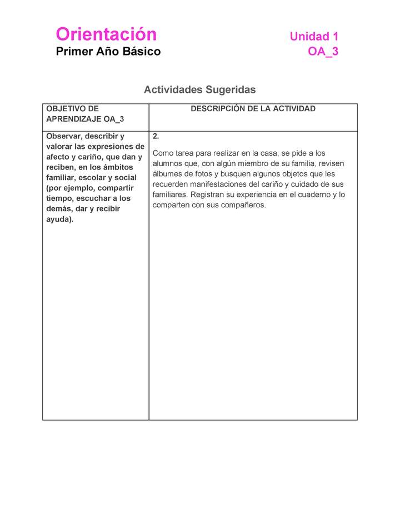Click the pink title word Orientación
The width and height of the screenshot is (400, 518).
tap(106, 34)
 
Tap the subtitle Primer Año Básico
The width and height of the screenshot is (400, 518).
tap(108, 52)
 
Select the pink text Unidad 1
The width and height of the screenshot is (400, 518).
tap(314, 37)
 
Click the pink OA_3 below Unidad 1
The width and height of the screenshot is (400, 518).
tap(323, 52)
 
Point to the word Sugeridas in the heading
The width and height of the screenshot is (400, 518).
tap(231, 89)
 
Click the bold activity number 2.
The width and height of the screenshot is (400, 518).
tap(156, 136)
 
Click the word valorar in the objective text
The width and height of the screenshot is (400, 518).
tap(60, 147)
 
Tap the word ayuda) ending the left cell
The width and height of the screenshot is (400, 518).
tap(59, 220)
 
